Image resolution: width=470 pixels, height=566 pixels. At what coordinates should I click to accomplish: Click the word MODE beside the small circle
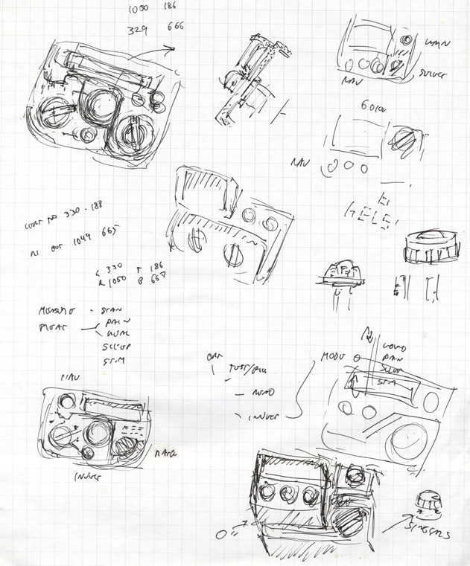tap(334, 358)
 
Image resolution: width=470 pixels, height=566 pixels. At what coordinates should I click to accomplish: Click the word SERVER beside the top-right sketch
tap(435, 75)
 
